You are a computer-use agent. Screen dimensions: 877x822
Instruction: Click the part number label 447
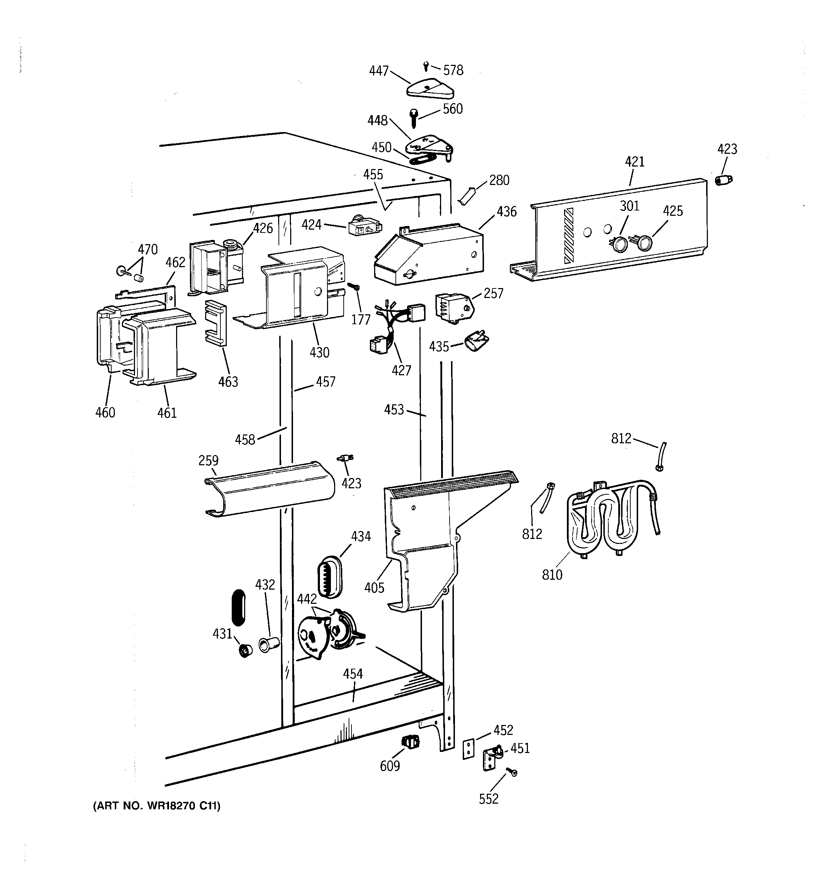(378, 71)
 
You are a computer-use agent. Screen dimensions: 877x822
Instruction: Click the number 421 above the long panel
(635, 162)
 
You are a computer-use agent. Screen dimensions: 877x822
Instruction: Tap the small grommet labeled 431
(244, 650)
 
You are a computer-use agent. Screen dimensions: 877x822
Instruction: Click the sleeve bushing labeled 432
(269, 645)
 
